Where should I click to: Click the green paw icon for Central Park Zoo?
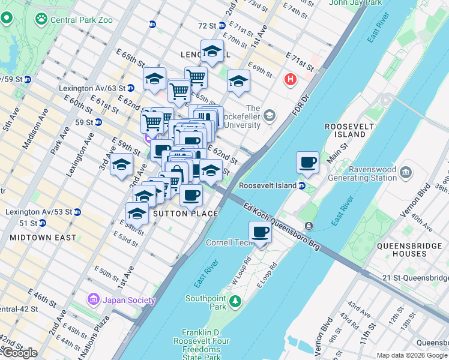(x=41, y=19)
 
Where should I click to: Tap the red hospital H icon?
(x=291, y=79)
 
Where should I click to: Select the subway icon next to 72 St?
(x=221, y=26)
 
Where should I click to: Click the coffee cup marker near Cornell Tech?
(x=260, y=232)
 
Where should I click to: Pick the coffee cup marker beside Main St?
(x=307, y=162)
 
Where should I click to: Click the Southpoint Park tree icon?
(x=237, y=301)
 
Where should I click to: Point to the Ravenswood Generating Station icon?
(x=406, y=173)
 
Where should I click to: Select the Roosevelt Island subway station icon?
(x=302, y=186)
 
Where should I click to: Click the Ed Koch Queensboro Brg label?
(x=282, y=226)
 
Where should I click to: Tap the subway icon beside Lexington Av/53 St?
(x=77, y=212)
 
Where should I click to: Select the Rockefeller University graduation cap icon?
(x=270, y=115)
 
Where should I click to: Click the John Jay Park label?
(x=355, y=3)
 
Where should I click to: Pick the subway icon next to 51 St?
(x=43, y=223)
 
